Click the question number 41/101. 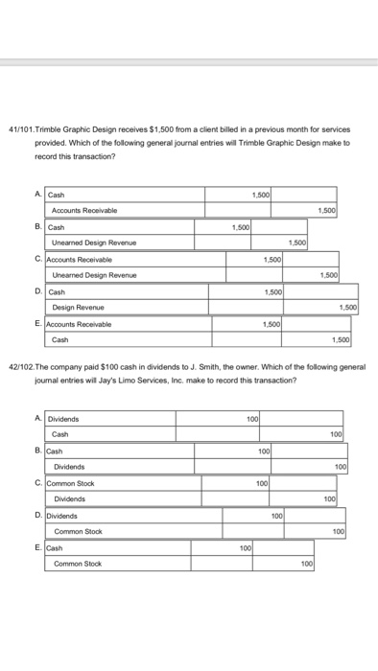click(x=22, y=128)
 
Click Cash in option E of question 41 click(x=59, y=339)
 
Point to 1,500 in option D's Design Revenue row click(x=348, y=308)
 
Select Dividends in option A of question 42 click(x=63, y=419)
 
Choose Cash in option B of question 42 click(x=56, y=451)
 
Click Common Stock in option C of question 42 click(x=67, y=483)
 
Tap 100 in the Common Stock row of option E click(x=306, y=563)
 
